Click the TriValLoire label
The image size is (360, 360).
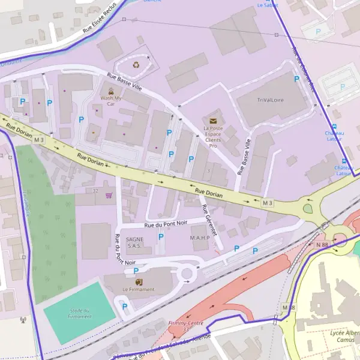point(270,100)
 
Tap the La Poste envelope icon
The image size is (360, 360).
point(213,121)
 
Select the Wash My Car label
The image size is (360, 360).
point(110,101)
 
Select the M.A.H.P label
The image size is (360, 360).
point(200,238)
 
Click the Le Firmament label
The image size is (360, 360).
point(139,289)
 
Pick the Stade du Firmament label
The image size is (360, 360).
point(80,313)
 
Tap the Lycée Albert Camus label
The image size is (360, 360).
point(344,336)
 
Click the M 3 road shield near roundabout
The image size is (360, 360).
point(267,203)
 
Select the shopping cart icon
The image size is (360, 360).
point(109,194)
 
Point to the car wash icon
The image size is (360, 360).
point(110,91)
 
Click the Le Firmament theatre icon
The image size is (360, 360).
point(139,281)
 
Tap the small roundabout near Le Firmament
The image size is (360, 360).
point(187,274)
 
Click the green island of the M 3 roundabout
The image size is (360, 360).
point(308,209)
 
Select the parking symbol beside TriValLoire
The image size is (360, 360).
point(296,79)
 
